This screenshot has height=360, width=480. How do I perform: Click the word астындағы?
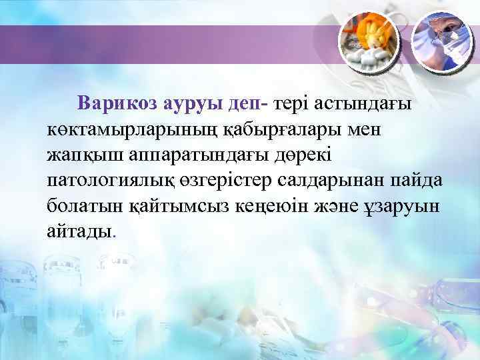click(x=363, y=103)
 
